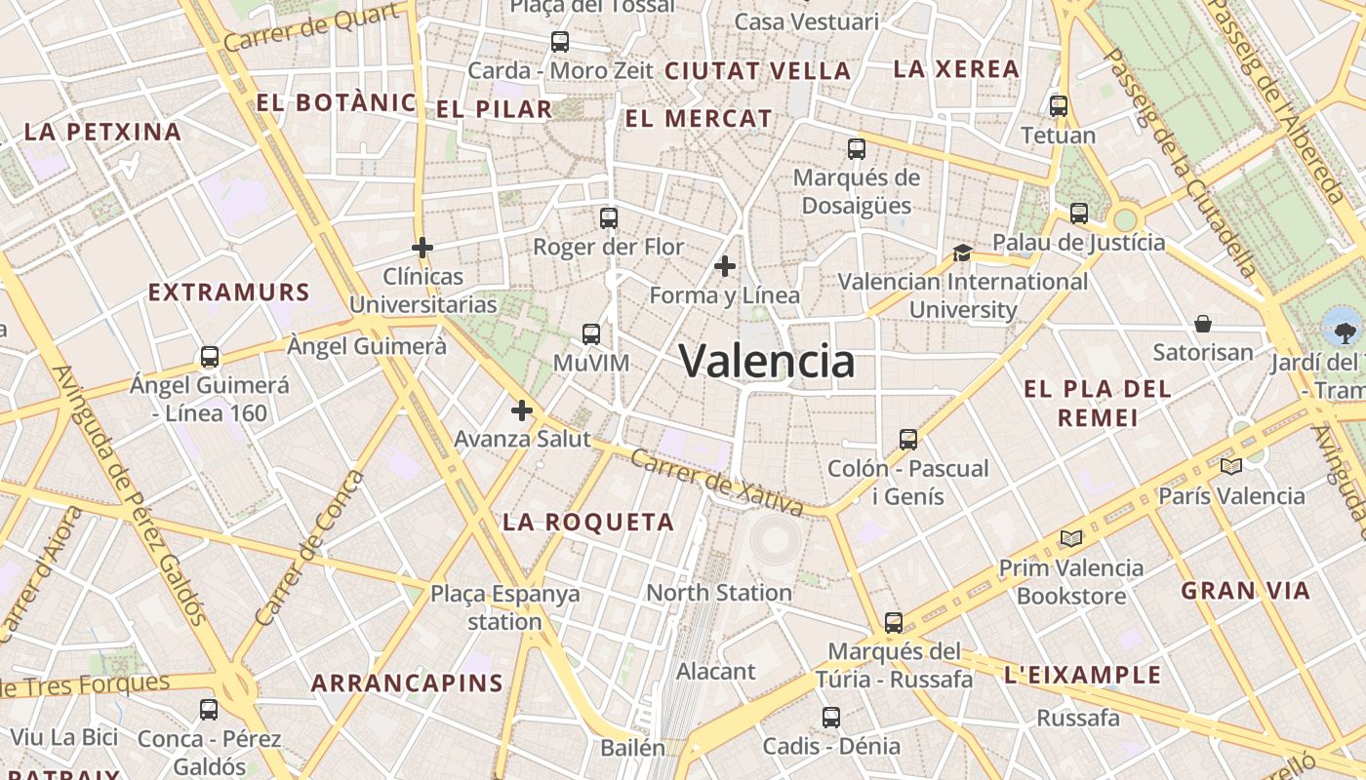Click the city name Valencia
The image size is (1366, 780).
click(767, 361)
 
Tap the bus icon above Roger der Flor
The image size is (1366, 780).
click(609, 217)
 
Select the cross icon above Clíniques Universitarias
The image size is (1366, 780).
click(422, 248)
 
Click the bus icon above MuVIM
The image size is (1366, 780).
click(590, 334)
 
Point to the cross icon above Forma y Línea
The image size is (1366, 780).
click(724, 265)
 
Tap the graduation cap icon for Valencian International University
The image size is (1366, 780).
click(962, 253)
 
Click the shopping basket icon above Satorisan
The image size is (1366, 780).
click(1202, 323)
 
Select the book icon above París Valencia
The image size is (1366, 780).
click(1230, 466)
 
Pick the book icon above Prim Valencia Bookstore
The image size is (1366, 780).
click(1071, 538)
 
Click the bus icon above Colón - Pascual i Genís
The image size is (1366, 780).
click(908, 439)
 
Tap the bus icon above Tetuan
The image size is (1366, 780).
click(1059, 105)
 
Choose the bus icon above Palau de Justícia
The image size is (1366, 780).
click(1078, 213)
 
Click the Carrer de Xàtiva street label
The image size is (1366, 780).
click(716, 483)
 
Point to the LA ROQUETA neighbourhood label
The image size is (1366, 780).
click(588, 523)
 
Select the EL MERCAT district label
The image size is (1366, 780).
click(698, 119)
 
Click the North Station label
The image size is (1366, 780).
click(719, 592)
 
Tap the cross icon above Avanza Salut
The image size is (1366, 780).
click(522, 410)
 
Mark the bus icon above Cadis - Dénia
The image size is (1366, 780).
click(830, 718)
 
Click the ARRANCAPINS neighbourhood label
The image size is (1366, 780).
click(407, 683)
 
